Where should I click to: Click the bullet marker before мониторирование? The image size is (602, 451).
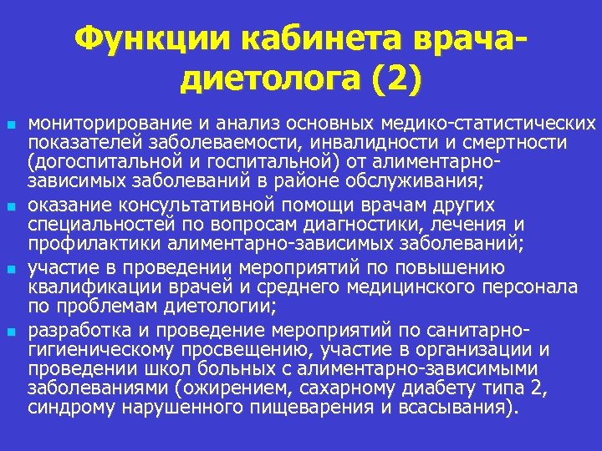[10, 124]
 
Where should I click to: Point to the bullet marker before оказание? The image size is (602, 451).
[10, 205]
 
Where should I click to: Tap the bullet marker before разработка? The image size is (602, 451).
[10, 332]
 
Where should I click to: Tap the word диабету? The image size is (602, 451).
[451, 388]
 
